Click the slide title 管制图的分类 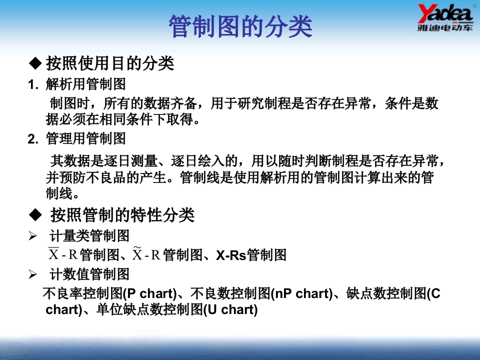pos(240,26)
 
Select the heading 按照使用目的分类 pos(109,63)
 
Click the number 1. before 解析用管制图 pos(33,84)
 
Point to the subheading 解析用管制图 pos(85,84)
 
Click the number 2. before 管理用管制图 pos(33,138)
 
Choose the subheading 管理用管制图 pos(85,138)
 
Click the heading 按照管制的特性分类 pos(122,215)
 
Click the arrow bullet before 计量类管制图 pos(33,235)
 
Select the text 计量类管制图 pos(89,235)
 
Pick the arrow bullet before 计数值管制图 pos(33,274)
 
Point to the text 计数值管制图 pos(89,274)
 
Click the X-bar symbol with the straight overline pos(54,254)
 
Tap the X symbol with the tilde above pos(137,254)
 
